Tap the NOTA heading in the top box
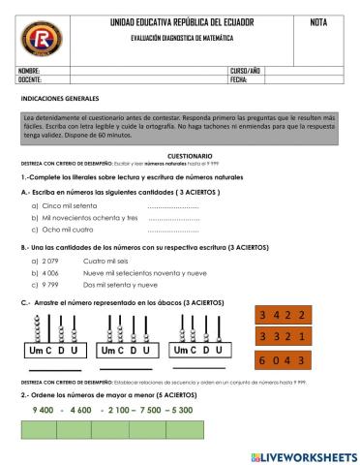click(x=316, y=21)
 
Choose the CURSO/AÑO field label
click(x=246, y=72)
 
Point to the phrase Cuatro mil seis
click(x=106, y=262)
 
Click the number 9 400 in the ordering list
click(x=42, y=410)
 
